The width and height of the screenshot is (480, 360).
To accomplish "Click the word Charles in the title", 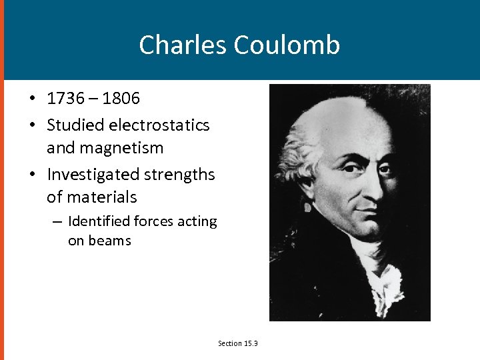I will click(183, 45).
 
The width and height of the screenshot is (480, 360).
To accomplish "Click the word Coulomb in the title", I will click(287, 45).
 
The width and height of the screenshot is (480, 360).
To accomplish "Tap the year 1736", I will click(65, 99).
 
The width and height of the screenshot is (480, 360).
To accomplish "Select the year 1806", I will click(121, 99).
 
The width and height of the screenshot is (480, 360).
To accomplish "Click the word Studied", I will click(73, 125).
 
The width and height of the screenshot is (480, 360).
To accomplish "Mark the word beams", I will click(110, 241).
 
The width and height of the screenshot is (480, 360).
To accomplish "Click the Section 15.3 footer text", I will click(238, 343).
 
